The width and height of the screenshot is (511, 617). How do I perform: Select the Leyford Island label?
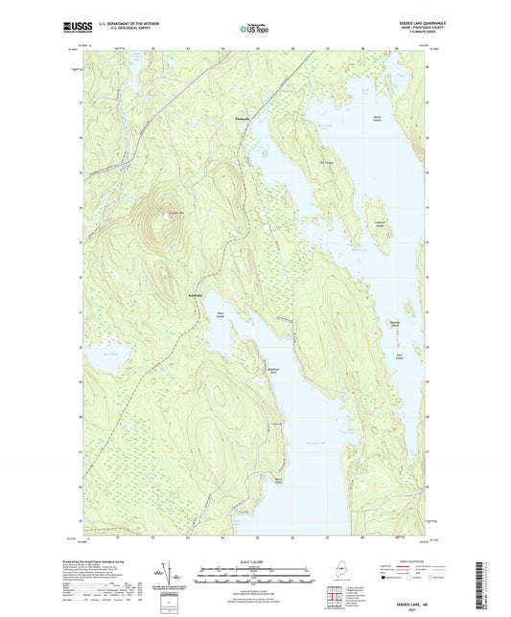pos(379,223)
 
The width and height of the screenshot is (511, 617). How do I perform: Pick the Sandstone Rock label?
pos(272,370)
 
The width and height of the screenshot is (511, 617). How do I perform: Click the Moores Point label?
pos(281,481)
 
